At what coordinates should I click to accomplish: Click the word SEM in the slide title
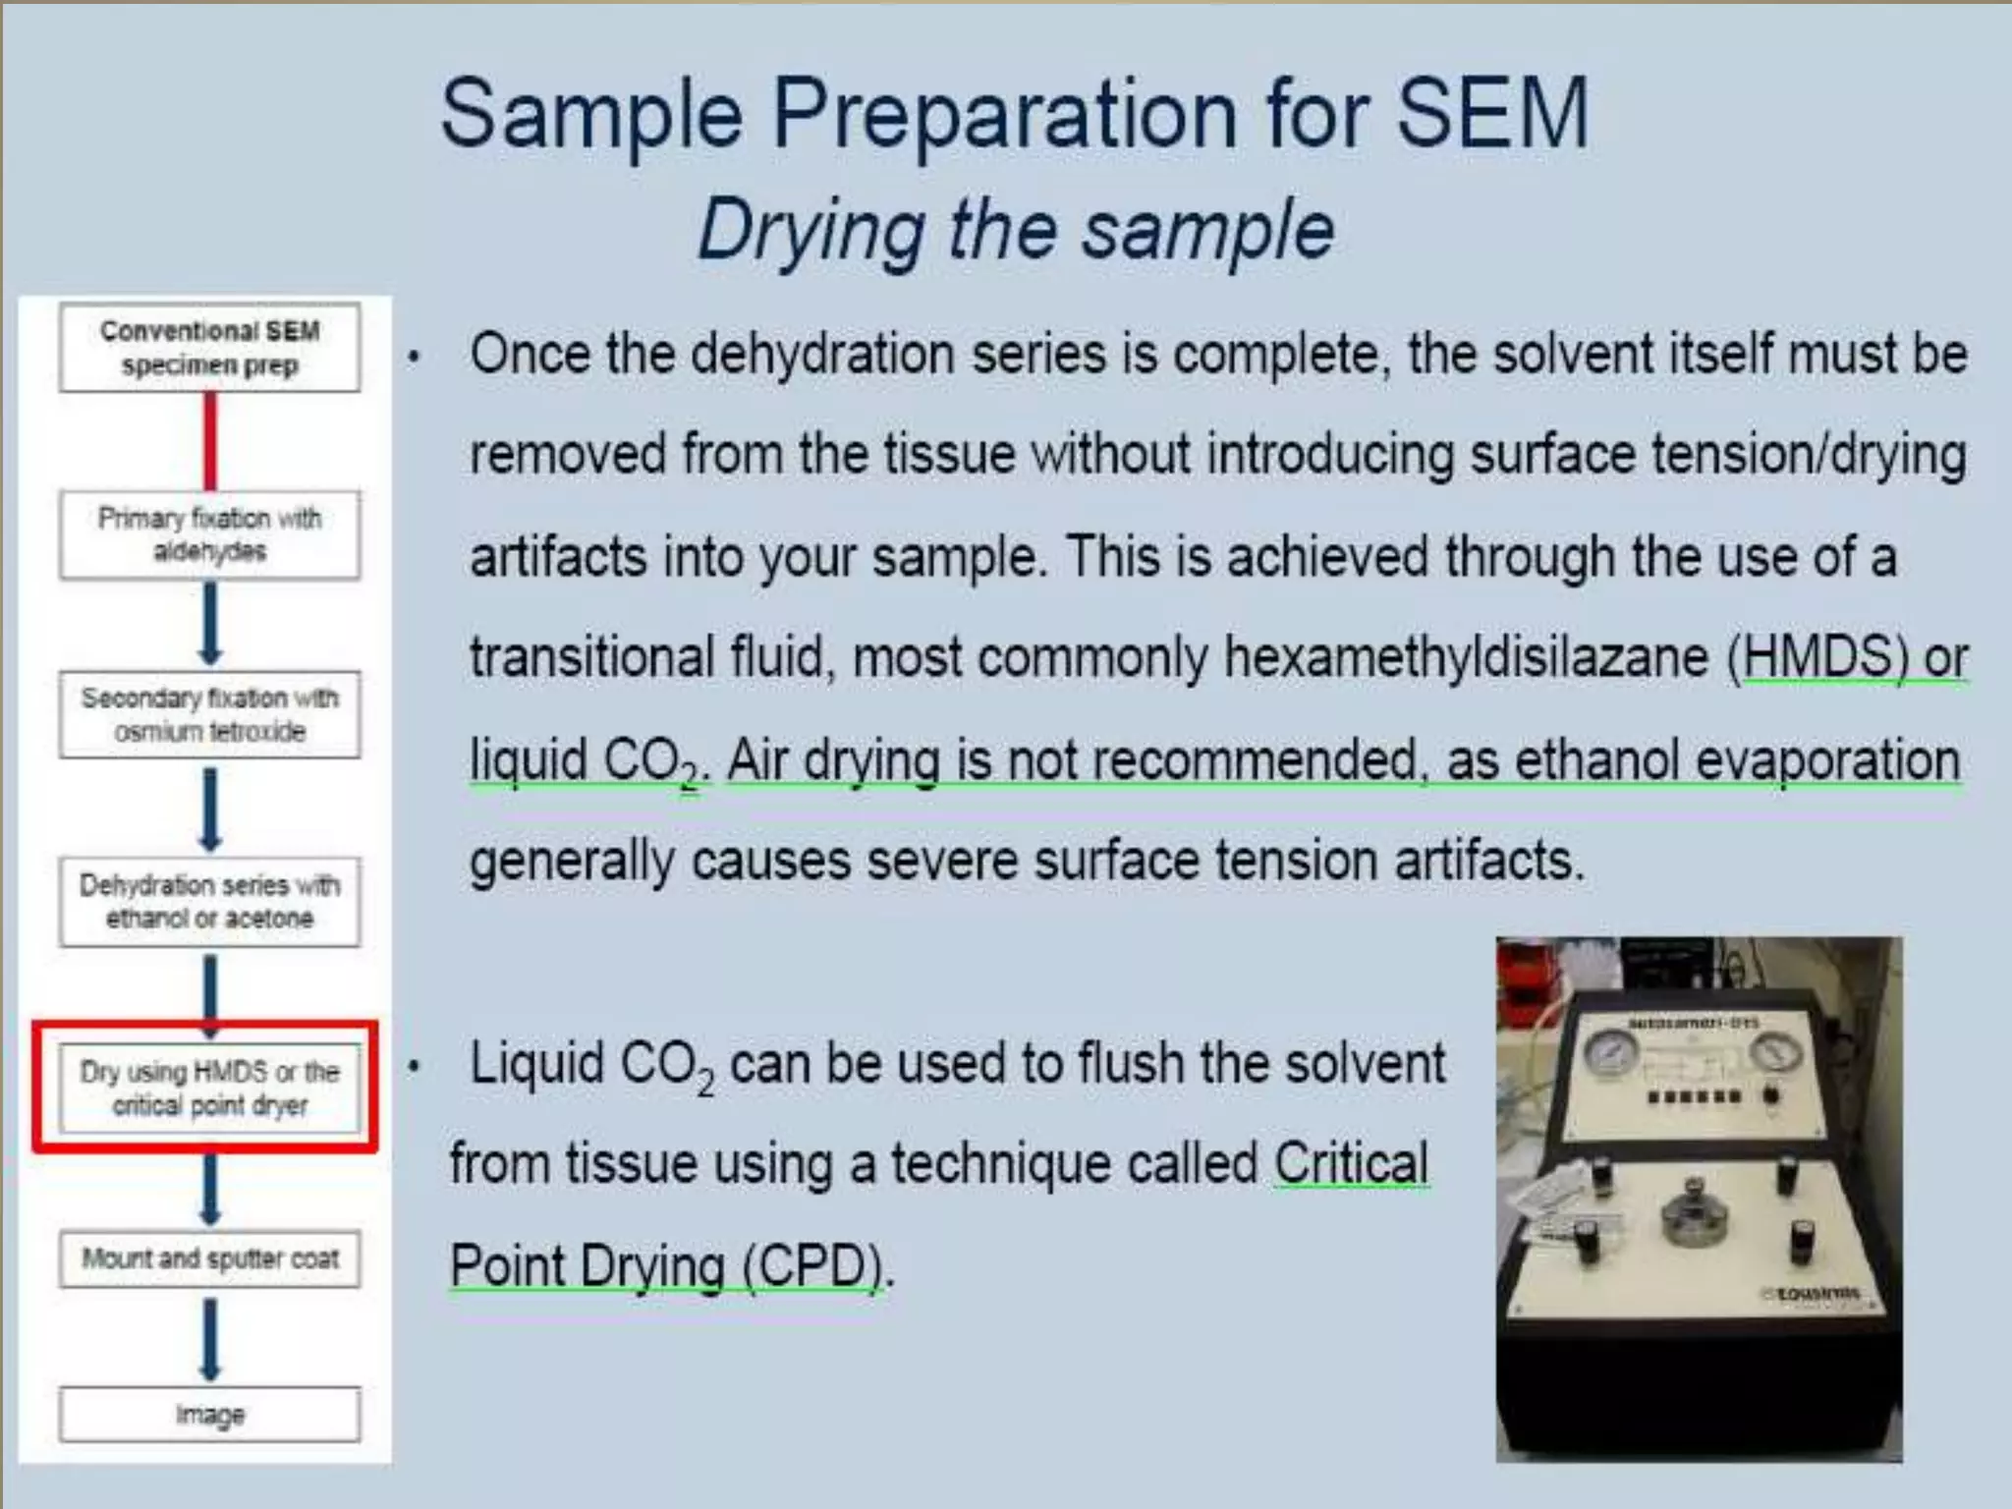tap(1490, 114)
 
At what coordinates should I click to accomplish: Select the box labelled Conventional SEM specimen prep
tap(209, 348)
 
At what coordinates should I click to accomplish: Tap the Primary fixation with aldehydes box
tap(209, 534)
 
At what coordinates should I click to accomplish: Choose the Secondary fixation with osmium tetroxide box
tap(209, 714)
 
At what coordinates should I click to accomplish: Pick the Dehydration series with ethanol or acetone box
tap(209, 902)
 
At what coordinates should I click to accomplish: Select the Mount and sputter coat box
tap(209, 1258)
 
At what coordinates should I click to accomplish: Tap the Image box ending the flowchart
tap(209, 1415)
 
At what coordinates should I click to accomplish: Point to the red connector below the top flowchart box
tap(210, 441)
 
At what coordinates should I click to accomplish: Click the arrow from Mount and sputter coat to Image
tap(210, 1337)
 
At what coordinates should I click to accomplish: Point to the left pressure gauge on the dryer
tap(1611, 1054)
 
